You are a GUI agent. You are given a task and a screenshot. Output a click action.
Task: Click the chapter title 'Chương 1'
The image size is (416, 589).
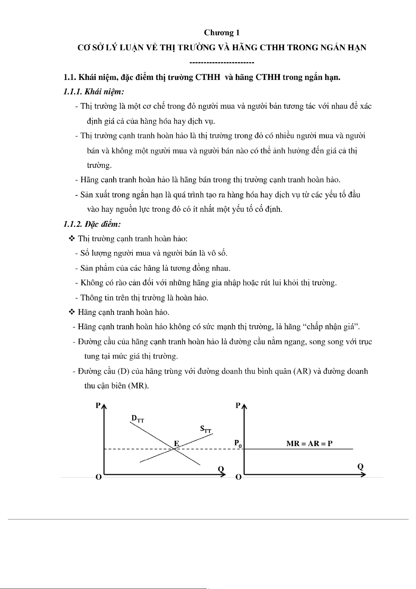[x=222, y=33]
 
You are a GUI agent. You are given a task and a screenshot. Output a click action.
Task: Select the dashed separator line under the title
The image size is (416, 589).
[x=221, y=63]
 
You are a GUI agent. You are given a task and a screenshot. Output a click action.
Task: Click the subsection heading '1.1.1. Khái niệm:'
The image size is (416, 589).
[x=94, y=92]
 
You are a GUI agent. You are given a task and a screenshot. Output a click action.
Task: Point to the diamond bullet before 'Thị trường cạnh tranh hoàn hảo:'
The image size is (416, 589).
[x=72, y=238]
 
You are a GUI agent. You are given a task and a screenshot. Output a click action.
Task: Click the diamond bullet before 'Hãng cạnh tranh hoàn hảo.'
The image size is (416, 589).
[x=72, y=312]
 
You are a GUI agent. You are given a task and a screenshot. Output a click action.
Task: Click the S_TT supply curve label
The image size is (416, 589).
[x=206, y=429]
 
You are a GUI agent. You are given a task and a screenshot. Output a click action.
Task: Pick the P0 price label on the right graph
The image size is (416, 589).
[x=238, y=444]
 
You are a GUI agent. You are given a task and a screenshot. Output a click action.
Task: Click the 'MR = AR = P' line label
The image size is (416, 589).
[x=309, y=444]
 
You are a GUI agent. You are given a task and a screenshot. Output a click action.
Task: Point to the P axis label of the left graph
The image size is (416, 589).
[x=98, y=405]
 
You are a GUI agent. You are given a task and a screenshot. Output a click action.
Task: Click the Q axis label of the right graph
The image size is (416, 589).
[x=360, y=466]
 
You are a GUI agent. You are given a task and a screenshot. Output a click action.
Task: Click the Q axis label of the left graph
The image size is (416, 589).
[x=221, y=468]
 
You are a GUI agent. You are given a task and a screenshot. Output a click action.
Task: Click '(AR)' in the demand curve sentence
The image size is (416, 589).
[x=302, y=371]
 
